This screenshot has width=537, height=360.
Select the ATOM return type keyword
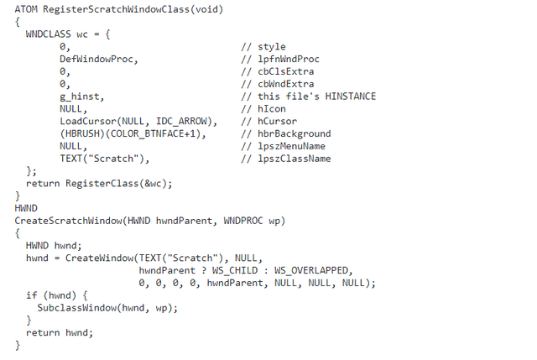(x=27, y=9)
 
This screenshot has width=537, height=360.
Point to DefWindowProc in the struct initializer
(x=98, y=60)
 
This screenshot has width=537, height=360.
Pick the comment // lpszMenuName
(x=283, y=146)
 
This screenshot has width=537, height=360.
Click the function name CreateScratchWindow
(x=70, y=221)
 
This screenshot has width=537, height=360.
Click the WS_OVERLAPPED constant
(x=314, y=270)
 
